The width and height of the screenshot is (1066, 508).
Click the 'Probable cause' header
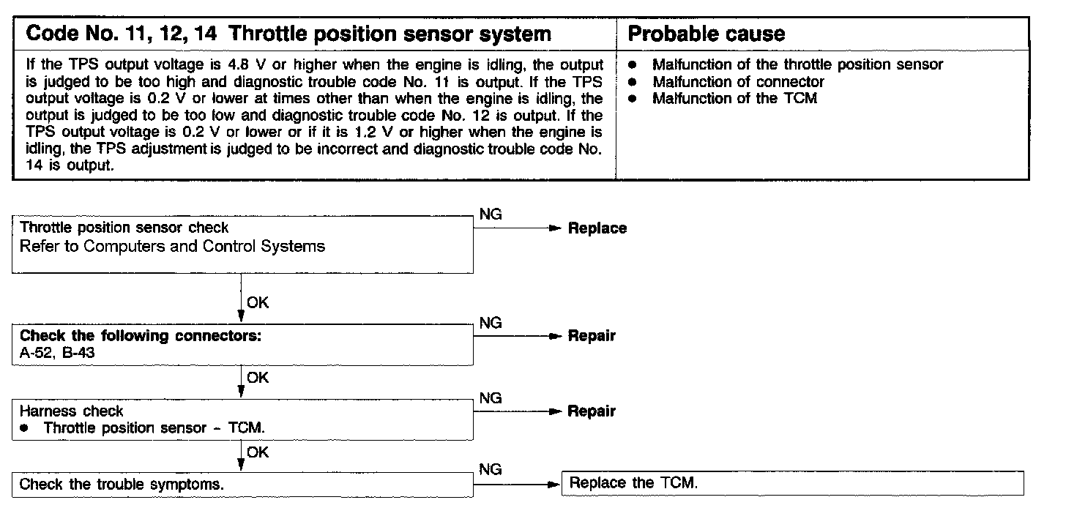(x=707, y=34)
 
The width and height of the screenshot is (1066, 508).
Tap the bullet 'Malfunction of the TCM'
(x=734, y=97)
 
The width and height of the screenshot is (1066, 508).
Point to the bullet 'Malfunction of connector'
(x=738, y=81)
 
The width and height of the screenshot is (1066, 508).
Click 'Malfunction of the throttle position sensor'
(x=797, y=64)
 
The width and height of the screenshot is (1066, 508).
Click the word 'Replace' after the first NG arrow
(x=597, y=228)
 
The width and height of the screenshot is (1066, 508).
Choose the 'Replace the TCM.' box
(x=791, y=483)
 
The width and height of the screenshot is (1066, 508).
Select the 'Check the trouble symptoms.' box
(x=122, y=484)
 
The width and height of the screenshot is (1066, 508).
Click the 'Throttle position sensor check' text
(x=124, y=228)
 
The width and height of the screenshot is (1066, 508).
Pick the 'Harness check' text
(x=71, y=411)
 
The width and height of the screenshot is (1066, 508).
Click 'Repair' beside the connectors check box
(x=592, y=337)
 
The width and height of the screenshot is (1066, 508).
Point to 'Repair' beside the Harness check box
(x=592, y=411)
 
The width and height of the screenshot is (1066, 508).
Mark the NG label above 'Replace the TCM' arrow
(x=490, y=470)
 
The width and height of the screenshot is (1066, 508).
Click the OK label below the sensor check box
(x=258, y=302)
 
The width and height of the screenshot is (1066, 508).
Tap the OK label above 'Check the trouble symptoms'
(x=258, y=452)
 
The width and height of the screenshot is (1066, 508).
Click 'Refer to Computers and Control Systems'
(x=172, y=246)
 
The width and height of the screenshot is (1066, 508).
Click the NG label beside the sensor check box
(x=490, y=214)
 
